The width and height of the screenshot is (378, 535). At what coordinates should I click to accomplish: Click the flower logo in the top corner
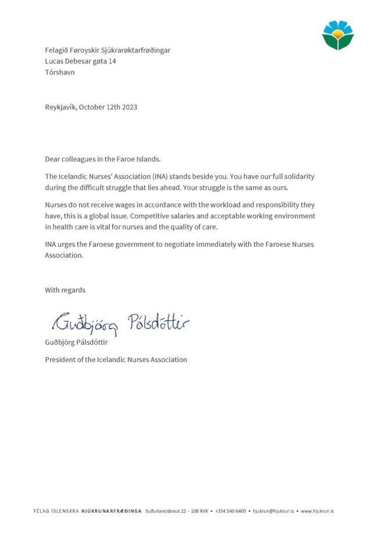click(338, 35)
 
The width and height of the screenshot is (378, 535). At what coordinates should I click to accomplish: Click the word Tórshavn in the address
click(60, 73)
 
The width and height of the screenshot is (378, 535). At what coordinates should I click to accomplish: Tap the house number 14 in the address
click(112, 61)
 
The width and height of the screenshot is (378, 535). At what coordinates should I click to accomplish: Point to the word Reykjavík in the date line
click(60, 107)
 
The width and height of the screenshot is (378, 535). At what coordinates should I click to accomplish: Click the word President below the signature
click(62, 360)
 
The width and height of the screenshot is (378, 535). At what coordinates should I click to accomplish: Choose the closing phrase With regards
click(65, 290)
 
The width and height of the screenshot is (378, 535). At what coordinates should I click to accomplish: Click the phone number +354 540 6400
click(231, 512)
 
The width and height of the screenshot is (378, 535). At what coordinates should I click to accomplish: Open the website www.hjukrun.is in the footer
click(317, 512)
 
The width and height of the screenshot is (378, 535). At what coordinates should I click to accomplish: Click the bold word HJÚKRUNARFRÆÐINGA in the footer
click(112, 512)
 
